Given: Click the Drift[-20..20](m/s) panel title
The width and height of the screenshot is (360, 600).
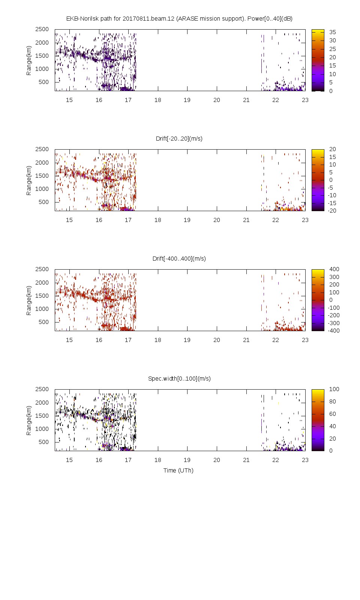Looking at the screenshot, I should click(x=179, y=139).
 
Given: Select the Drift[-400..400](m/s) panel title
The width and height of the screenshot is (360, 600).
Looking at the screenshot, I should click(x=179, y=259).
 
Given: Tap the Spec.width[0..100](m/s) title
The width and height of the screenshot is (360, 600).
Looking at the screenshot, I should click(x=179, y=379).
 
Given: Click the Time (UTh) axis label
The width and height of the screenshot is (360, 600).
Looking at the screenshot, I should click(x=178, y=471).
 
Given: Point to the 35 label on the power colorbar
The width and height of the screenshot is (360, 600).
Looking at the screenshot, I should click(x=333, y=32).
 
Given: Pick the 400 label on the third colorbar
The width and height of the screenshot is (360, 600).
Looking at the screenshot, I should click(x=334, y=269).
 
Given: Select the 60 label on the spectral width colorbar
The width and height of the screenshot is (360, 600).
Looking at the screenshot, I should click(x=333, y=414).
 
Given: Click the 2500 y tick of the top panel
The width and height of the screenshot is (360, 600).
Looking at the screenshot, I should click(x=42, y=29).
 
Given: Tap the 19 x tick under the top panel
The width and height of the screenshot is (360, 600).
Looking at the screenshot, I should click(x=187, y=100).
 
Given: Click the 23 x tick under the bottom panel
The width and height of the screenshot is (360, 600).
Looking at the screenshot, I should click(x=305, y=460).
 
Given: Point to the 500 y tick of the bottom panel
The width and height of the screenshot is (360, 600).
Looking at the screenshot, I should click(x=43, y=442).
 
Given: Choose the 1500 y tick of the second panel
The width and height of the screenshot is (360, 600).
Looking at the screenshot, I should click(x=42, y=176).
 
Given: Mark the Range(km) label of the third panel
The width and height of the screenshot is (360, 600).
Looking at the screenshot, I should click(x=29, y=300).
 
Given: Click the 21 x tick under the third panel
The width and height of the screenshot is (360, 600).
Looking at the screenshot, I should click(x=246, y=340).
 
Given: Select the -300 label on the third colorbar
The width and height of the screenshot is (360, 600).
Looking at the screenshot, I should click(x=333, y=323).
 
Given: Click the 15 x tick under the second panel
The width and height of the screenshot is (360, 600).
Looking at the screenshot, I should click(x=69, y=220).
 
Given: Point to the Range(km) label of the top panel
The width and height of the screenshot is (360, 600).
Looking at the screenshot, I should click(x=29, y=60).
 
